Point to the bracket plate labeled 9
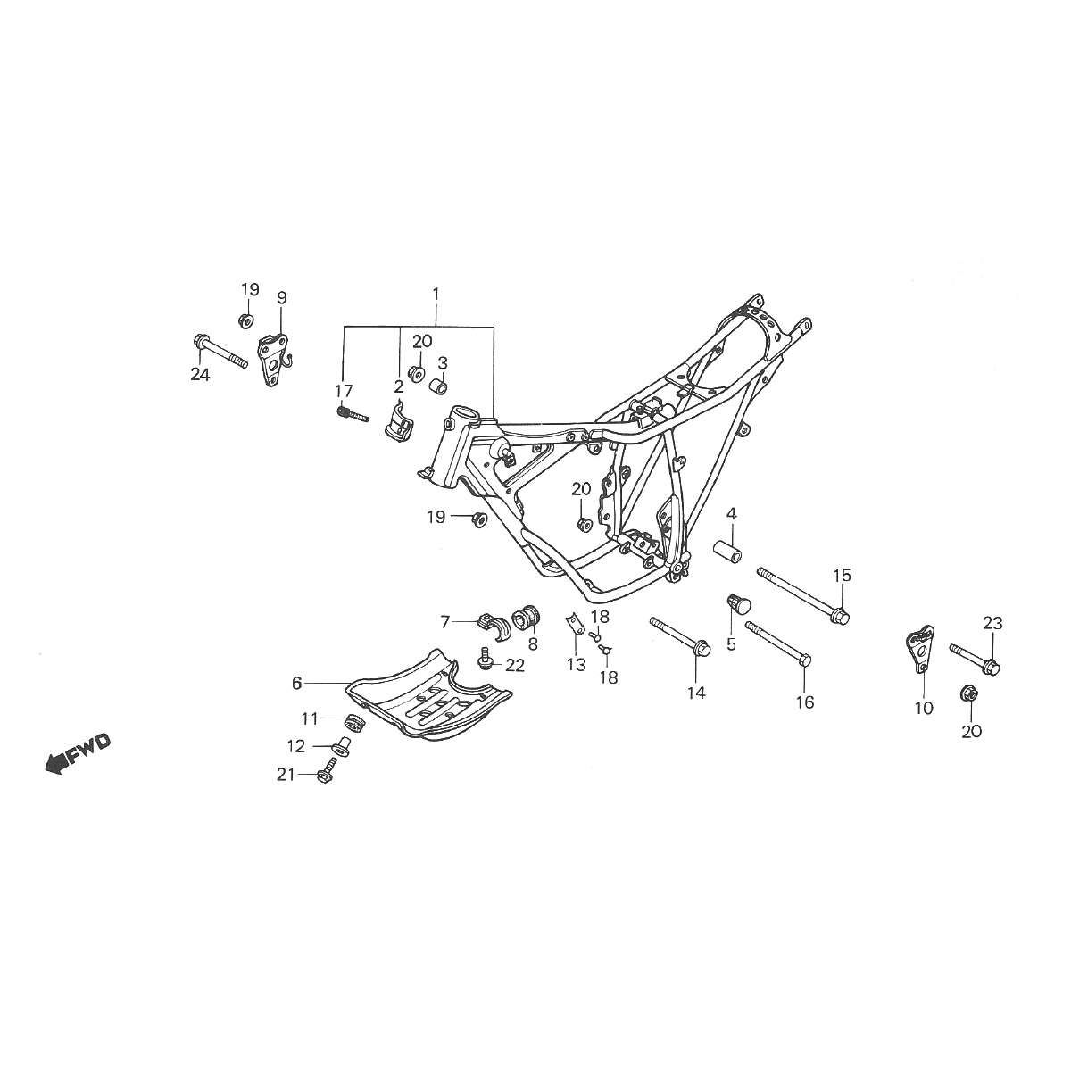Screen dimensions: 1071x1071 [x=274, y=359]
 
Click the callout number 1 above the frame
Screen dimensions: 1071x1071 [x=436, y=294]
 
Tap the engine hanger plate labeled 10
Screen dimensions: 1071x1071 [x=919, y=651]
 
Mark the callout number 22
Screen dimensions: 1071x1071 [x=515, y=665]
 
